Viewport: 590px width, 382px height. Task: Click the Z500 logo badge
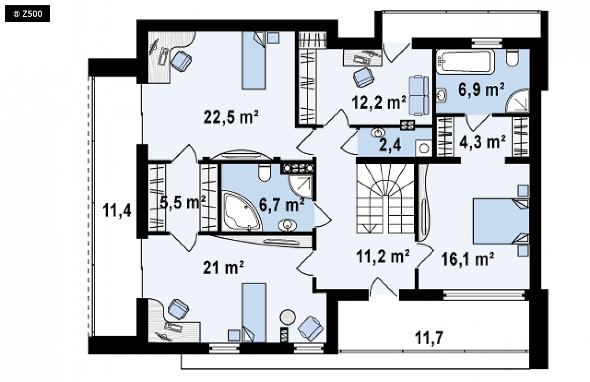(27, 14)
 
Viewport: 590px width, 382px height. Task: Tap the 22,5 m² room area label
(231, 117)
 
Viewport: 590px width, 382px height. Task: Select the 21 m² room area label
(223, 268)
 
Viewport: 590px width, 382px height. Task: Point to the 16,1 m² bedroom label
(467, 258)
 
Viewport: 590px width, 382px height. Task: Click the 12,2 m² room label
(379, 102)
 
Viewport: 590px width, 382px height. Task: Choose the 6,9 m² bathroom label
(481, 89)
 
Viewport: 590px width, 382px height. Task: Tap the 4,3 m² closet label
(483, 142)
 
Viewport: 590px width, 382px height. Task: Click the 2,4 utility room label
(390, 145)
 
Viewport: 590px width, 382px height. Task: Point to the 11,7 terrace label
(429, 338)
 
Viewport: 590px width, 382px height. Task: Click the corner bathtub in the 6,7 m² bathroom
(241, 211)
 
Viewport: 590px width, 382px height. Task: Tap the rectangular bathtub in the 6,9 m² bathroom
(467, 62)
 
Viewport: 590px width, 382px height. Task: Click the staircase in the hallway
(385, 199)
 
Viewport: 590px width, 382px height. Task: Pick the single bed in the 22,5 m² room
(253, 60)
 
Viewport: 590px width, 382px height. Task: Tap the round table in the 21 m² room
(288, 317)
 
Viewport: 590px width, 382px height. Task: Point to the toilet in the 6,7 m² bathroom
(265, 172)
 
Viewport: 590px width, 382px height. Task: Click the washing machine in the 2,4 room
(424, 148)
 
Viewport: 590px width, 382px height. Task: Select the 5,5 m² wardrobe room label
(182, 202)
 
